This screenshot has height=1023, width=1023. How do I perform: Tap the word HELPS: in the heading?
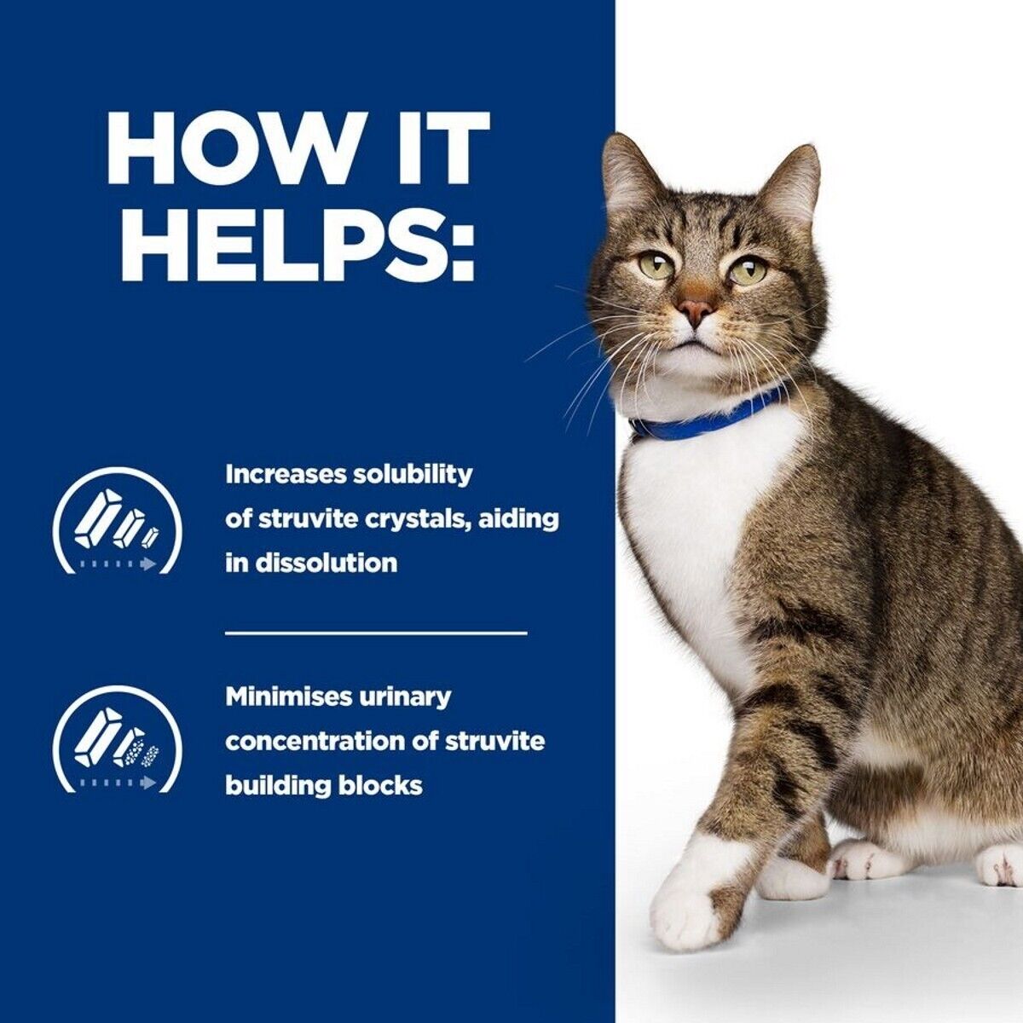(x=298, y=242)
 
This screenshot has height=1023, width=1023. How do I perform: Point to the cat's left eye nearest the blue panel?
(x=656, y=266)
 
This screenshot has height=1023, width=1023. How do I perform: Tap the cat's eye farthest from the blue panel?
(x=748, y=271)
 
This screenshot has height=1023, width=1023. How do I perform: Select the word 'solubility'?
(x=413, y=475)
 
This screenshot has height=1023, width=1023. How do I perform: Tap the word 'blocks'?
(x=380, y=785)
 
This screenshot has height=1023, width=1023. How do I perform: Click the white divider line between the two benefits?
(x=376, y=633)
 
